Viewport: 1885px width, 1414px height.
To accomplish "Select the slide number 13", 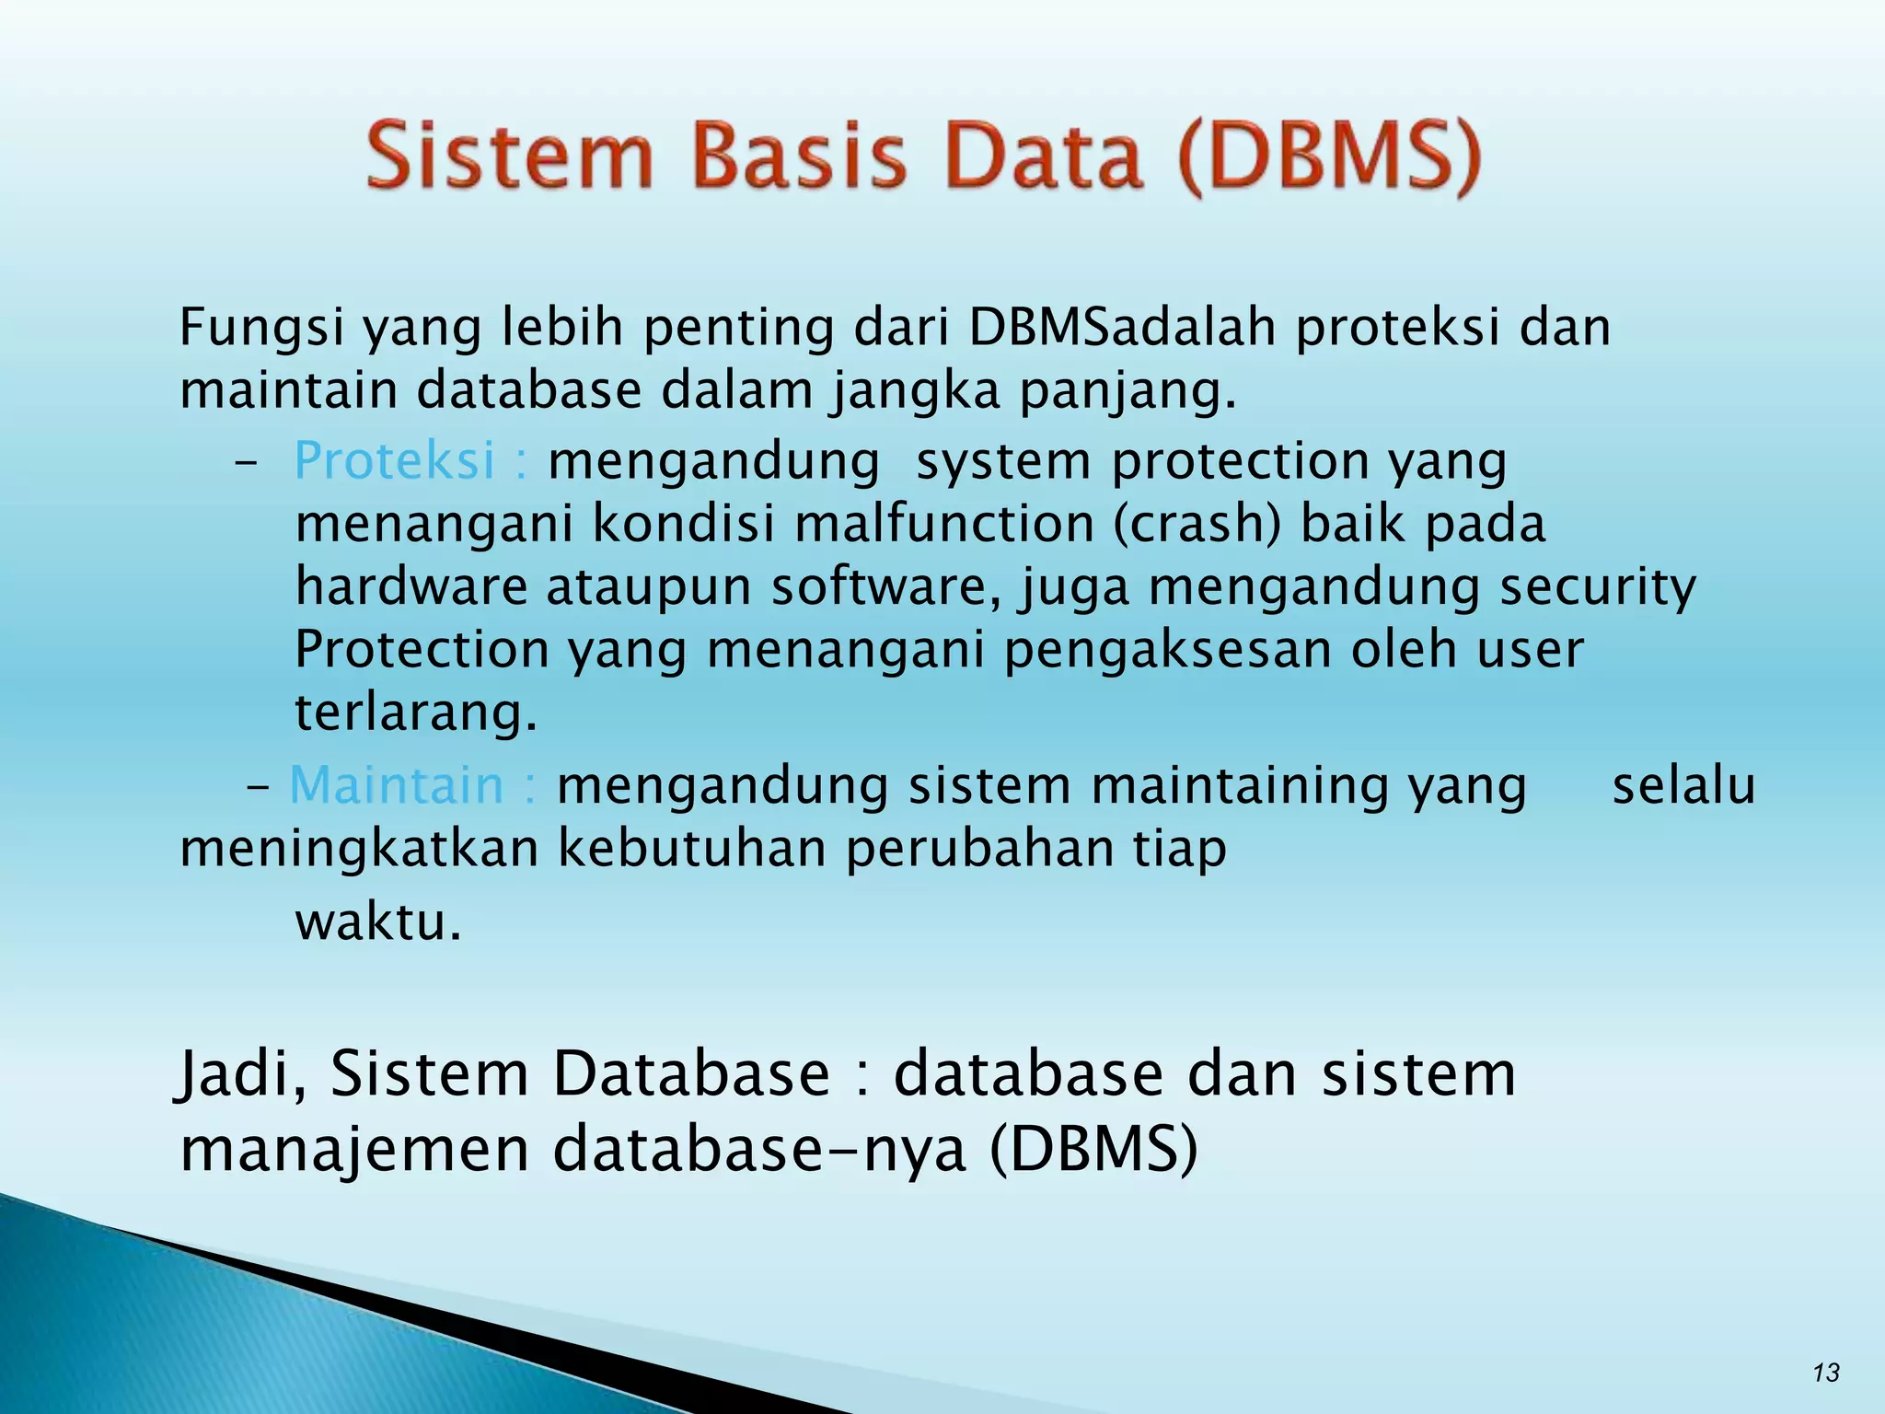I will pyautogui.click(x=1825, y=1373).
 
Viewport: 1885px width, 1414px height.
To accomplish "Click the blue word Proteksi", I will pyautogui.click(x=395, y=459).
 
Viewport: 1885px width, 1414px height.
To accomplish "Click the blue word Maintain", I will pyautogui.click(x=397, y=785).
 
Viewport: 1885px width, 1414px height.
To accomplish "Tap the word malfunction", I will pyautogui.click(x=943, y=523).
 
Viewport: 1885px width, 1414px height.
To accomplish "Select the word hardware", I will pyautogui.click(x=411, y=585).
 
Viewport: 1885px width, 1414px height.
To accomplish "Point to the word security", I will pyautogui.click(x=1597, y=587).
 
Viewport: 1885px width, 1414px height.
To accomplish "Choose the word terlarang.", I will pyautogui.click(x=415, y=713).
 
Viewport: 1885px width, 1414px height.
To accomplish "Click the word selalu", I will pyautogui.click(x=1683, y=785).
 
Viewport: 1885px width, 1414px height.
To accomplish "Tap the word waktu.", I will pyautogui.click(x=377, y=921).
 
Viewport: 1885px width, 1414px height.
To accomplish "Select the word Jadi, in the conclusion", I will pyautogui.click(x=241, y=1075).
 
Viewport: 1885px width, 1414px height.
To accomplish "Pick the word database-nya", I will pyautogui.click(x=759, y=1151).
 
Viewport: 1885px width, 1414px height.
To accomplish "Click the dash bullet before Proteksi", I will pyautogui.click(x=245, y=463).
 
